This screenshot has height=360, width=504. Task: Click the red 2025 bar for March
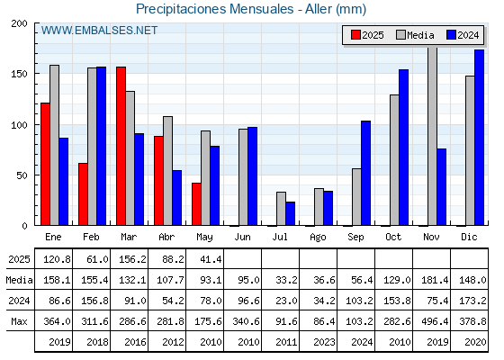point(121,146)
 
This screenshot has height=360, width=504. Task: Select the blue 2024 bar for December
point(479,138)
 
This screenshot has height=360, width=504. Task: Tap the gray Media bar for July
point(281,209)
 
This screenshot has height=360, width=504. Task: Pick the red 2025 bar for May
point(196,204)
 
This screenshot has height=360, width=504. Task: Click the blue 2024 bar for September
point(365,173)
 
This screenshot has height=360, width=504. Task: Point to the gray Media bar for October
point(394,160)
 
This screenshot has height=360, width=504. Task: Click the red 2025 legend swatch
point(355,35)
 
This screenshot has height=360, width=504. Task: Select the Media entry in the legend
point(415,35)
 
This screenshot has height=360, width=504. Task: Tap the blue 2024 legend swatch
point(451,35)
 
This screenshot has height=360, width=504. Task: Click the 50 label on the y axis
point(22,175)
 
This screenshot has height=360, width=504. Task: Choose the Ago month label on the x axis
point(319,238)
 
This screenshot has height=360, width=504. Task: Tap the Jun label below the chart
point(242,237)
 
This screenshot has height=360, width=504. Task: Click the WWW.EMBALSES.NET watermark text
point(99,31)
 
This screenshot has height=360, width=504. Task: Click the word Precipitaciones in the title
point(181,9)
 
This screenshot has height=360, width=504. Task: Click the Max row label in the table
point(19,321)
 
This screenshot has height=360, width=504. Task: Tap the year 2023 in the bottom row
point(324,342)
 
